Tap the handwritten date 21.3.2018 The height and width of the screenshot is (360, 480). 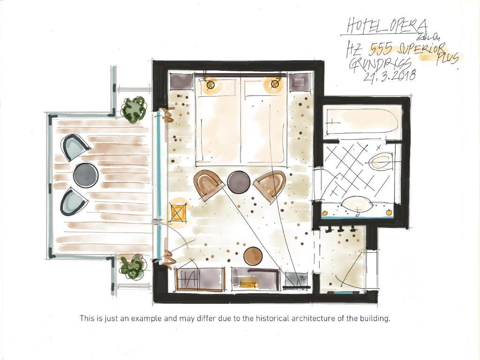point(389,75)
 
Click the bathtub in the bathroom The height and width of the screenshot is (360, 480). point(361,121)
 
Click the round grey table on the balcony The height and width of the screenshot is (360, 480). point(86,175)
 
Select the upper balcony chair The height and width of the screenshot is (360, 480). point(75,147)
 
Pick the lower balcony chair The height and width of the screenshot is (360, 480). point(73,202)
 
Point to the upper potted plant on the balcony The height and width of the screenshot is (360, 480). point(133,109)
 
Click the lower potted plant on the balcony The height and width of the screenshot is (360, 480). point(132,267)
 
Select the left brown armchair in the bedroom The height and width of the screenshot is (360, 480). point(209,184)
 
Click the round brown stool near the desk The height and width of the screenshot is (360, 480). point(253,256)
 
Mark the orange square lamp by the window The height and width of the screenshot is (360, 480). point(178,212)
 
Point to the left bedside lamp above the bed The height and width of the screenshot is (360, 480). point(210,85)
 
